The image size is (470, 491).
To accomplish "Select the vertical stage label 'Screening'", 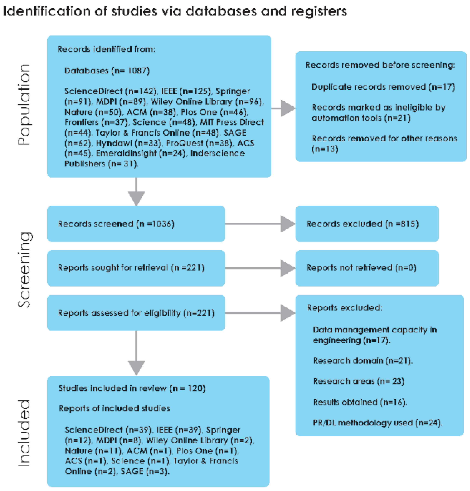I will tap(24, 269).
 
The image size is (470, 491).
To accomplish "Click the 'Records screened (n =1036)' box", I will tap(136, 224).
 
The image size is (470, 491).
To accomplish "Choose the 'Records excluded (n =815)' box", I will tap(367, 224).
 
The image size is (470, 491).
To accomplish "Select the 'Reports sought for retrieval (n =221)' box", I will tap(136, 268).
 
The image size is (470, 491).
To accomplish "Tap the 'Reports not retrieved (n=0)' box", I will tap(367, 268).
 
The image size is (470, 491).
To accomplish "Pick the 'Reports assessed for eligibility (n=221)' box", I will tap(136, 313).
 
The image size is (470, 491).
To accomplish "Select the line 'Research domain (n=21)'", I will tap(363, 361).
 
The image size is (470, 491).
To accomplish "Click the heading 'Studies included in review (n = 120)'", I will tap(132, 388).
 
